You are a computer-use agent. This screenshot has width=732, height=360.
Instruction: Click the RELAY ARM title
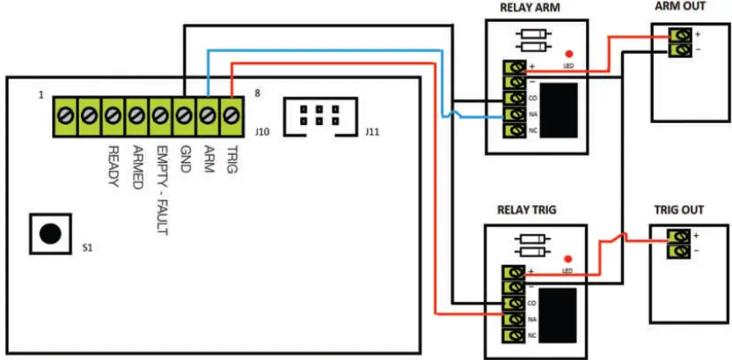530,9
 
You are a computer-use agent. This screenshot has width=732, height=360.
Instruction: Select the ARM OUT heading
681,7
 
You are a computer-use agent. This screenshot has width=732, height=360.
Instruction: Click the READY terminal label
113,158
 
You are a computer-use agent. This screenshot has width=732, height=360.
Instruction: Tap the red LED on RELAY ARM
567,54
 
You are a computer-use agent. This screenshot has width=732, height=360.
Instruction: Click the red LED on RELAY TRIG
567,257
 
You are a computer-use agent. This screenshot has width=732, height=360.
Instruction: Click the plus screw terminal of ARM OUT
679,35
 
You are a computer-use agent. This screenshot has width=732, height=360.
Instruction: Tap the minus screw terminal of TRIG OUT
679,253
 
